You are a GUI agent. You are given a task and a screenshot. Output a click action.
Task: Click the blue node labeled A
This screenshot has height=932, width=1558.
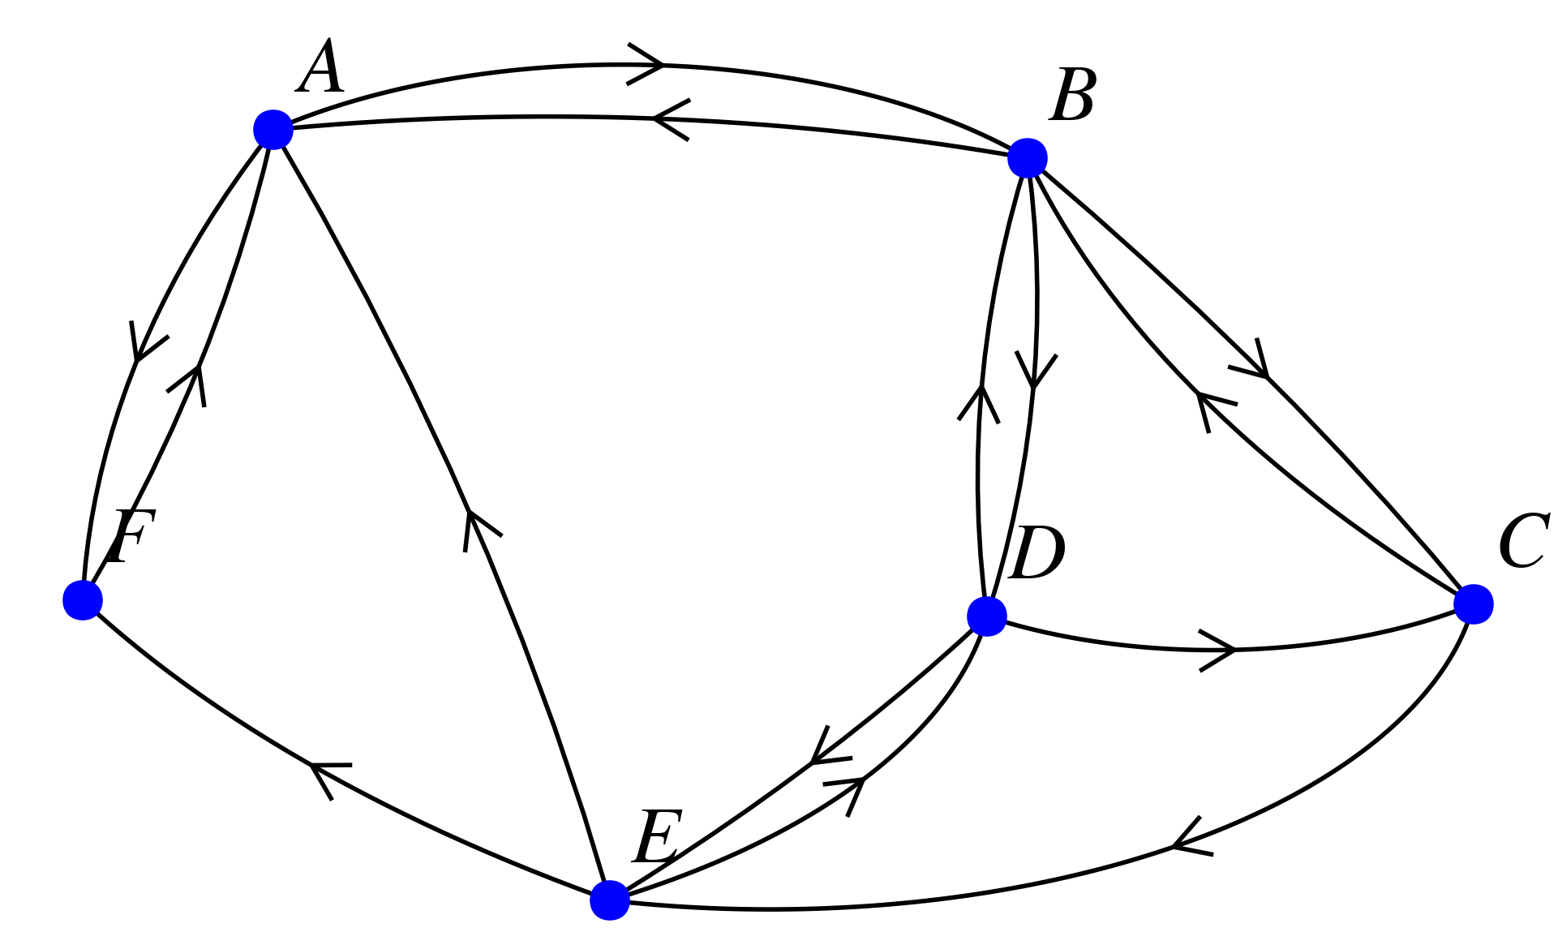tap(273, 129)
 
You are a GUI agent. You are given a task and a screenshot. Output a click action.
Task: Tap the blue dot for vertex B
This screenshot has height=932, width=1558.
tap(1027, 157)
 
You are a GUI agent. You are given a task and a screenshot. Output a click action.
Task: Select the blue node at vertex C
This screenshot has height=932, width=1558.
tap(1473, 603)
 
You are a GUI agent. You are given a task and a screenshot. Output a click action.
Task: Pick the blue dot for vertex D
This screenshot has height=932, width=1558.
tap(986, 616)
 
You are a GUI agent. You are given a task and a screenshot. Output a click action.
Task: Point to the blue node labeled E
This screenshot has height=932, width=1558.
tap(609, 900)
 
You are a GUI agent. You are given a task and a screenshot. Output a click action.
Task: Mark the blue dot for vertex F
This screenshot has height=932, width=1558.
tap(83, 599)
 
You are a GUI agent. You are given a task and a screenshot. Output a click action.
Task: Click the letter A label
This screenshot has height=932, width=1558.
tap(322, 68)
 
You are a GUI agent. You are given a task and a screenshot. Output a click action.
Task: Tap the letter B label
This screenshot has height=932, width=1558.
tap(1073, 96)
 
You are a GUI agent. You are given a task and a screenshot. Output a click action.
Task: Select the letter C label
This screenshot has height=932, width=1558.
tap(1523, 542)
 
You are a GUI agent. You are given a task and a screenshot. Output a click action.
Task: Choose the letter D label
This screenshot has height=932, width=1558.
tap(1037, 554)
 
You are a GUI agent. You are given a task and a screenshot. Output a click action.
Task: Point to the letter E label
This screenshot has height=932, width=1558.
tap(656, 838)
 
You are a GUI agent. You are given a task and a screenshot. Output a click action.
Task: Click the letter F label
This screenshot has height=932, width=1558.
tap(130, 538)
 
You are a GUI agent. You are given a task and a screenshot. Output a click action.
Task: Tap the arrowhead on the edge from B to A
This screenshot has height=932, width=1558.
tap(665, 120)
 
